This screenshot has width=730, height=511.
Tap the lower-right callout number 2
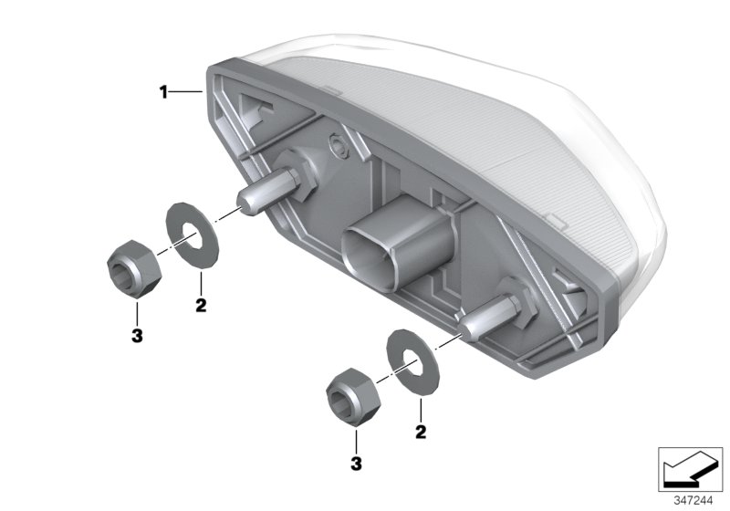[x=421, y=429]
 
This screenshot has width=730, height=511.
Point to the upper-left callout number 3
[x=136, y=337]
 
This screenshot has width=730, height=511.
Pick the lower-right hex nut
[x=351, y=395]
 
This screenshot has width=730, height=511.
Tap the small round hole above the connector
[x=339, y=145]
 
